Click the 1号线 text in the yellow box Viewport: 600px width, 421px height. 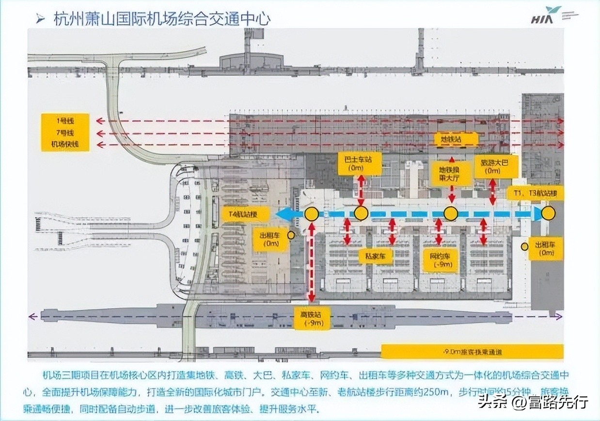point(65,121)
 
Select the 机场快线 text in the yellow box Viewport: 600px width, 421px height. point(65,145)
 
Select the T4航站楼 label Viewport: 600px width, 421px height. point(246,213)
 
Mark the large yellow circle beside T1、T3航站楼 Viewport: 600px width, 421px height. point(548,213)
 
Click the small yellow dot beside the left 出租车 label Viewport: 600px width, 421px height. point(291,235)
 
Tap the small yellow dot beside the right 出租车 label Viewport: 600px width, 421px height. point(524,247)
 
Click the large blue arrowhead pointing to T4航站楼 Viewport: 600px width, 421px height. point(284,214)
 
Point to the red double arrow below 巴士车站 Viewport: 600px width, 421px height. point(360,191)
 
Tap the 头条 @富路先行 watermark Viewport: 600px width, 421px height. point(533,402)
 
